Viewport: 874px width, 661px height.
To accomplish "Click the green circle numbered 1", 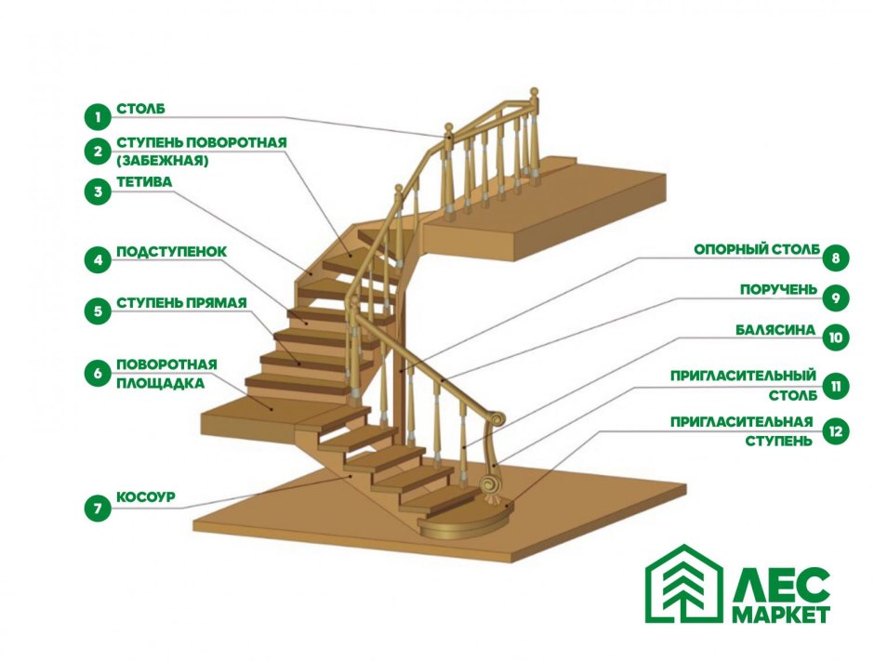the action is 99,117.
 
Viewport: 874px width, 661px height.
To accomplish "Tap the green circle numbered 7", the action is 99,509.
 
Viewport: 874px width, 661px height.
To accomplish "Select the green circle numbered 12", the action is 836,430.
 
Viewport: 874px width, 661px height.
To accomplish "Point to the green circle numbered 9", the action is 836,297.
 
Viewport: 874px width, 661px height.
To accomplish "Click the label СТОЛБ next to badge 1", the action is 141,109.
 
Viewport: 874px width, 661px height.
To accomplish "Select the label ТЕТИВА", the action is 144,182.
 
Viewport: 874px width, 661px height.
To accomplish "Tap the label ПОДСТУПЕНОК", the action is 172,252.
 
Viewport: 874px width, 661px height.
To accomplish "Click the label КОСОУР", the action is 146,496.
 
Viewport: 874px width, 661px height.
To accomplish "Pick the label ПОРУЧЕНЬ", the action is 778,290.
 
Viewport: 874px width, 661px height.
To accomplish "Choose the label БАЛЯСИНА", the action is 775,330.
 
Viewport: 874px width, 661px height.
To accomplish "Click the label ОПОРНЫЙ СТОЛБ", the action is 757,250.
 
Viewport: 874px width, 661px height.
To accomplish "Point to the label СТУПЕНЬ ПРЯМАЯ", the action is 181,303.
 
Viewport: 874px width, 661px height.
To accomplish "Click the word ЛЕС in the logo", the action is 780,585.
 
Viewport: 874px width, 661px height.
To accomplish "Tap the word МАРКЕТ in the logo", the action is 780,615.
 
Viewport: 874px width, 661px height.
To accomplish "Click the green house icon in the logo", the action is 684,584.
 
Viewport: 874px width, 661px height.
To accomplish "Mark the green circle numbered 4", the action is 99,259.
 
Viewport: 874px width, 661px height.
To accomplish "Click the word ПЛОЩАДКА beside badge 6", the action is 161,383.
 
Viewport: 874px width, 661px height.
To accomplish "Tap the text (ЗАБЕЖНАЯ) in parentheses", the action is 163,161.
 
